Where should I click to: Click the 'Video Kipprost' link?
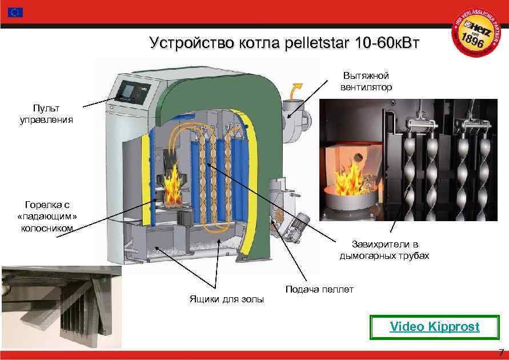(434, 327)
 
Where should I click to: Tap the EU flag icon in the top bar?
(15, 12)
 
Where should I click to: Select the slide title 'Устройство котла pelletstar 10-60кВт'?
(283, 43)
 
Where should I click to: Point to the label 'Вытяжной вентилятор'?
(366, 82)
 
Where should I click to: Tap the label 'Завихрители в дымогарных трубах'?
(384, 250)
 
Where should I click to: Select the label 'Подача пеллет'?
(319, 289)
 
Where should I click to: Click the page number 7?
(501, 352)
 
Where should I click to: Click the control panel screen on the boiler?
(129, 90)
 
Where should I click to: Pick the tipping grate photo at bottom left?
(61, 306)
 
